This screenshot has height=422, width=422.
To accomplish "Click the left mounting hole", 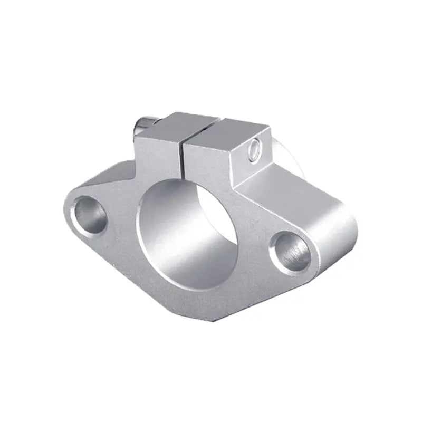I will (x=91, y=213).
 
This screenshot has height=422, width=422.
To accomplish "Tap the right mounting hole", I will (x=290, y=248).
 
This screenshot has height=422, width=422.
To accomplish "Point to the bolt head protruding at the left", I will (x=143, y=126).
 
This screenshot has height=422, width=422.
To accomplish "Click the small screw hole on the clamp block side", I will (x=255, y=149).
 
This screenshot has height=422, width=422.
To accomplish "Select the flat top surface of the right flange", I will (x=295, y=195).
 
